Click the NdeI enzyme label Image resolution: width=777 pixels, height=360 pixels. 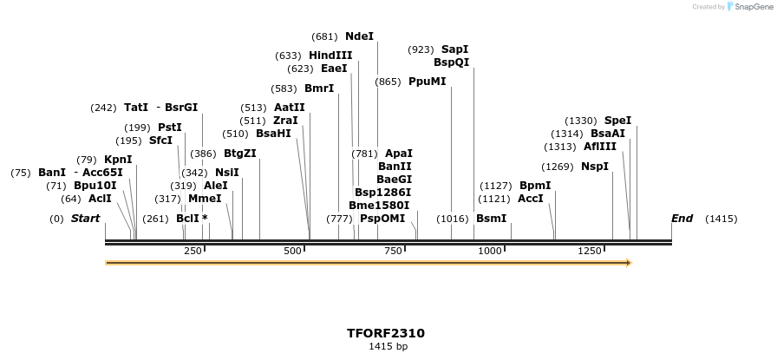(359, 36)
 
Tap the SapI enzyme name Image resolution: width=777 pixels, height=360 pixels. (454, 49)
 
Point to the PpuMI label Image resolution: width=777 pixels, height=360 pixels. (428, 82)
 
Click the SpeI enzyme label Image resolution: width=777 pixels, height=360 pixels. (617, 121)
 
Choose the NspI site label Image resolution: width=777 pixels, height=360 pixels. (595, 167)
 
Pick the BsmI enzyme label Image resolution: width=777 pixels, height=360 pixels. (491, 219)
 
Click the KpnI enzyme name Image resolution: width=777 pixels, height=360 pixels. (118, 160)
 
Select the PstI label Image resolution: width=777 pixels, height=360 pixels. (170, 128)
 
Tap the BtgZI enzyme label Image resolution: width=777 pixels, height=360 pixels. (240, 154)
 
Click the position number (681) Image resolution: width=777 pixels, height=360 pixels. (324, 36)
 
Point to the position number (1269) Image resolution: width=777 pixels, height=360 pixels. (558, 167)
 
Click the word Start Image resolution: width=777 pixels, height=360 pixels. (85, 219)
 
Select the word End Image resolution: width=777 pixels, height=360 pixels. (682, 219)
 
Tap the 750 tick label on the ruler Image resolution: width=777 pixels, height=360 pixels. (393, 251)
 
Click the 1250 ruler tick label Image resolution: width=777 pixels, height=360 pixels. (590, 251)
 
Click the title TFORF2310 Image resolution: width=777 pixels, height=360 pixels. (386, 333)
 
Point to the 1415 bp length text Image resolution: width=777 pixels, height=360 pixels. (388, 347)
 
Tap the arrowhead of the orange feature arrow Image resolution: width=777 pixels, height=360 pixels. (628, 262)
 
